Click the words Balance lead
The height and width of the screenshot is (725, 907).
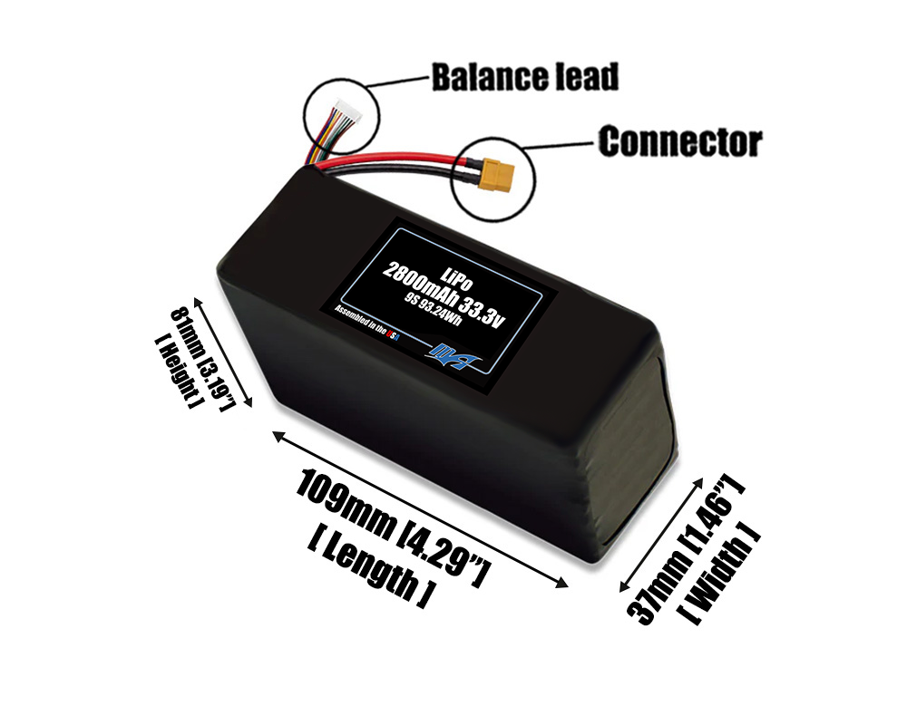click(x=524, y=77)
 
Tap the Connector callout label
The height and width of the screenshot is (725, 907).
click(x=679, y=141)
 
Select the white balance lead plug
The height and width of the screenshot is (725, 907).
click(x=341, y=112)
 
